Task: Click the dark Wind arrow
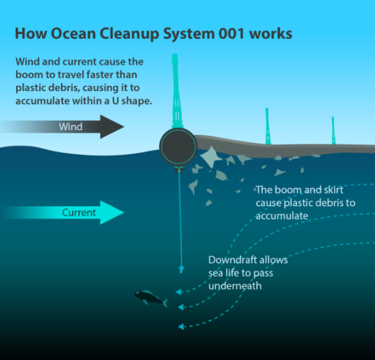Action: coord(62,127)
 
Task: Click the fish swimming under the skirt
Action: coord(151,298)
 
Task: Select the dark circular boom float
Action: coord(178,146)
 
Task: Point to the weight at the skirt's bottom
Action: coord(181,269)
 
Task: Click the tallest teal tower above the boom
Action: coord(177,91)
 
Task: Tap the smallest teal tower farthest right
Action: coord(333,130)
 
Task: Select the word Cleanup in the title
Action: coord(129,34)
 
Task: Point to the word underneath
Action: coord(235,286)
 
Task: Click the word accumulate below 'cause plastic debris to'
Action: coord(282,216)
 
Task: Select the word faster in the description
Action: coord(99,74)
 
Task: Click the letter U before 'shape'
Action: coord(115,100)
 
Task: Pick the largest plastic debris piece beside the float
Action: coord(211,157)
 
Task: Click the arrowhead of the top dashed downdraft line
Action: coord(179,292)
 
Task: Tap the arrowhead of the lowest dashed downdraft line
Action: coord(181,326)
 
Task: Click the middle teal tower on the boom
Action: coord(267,126)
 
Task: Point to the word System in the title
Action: coord(188,34)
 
